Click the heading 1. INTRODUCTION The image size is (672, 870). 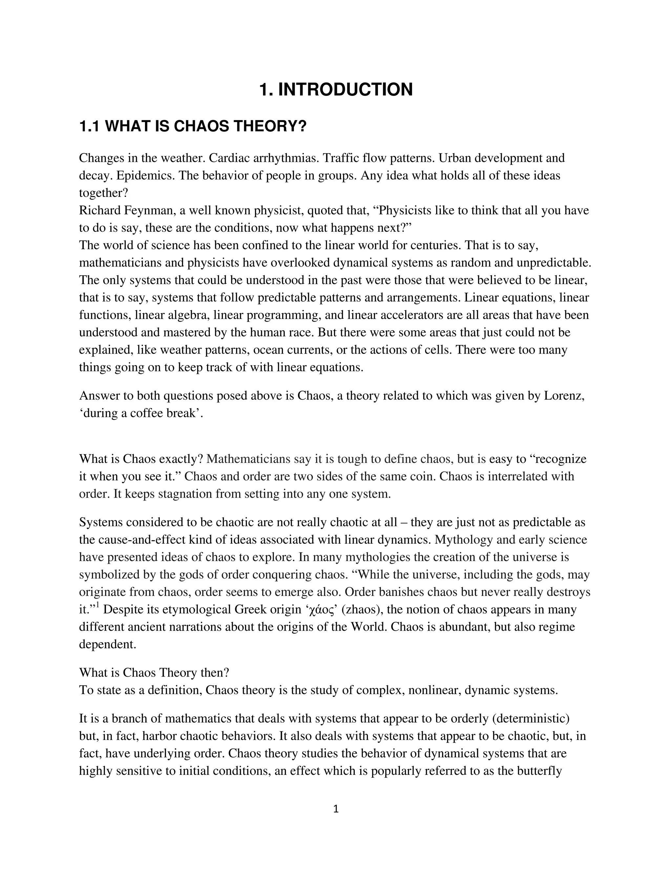point(336,90)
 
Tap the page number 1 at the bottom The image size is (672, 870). point(336,809)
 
